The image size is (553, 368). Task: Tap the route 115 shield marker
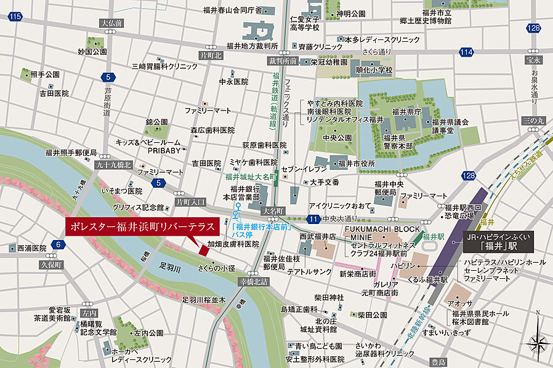15,15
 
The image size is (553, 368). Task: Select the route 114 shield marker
467,51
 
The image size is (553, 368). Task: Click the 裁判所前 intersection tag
283,62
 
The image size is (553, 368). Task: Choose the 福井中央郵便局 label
389,188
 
